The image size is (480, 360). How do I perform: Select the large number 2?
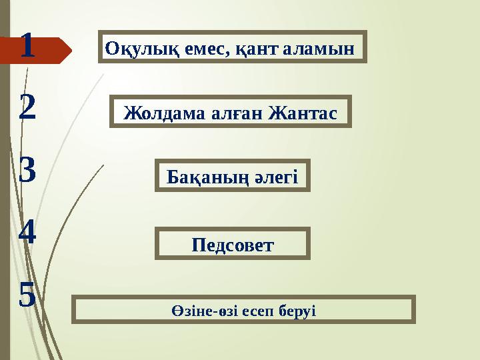click(27, 109)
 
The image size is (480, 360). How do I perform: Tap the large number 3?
click(27, 171)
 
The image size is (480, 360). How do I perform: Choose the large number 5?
click(27, 294)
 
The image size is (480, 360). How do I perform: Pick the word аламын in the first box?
click(317, 47)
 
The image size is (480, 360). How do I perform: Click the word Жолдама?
click(160, 113)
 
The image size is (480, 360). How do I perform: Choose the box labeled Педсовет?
click(233, 243)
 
